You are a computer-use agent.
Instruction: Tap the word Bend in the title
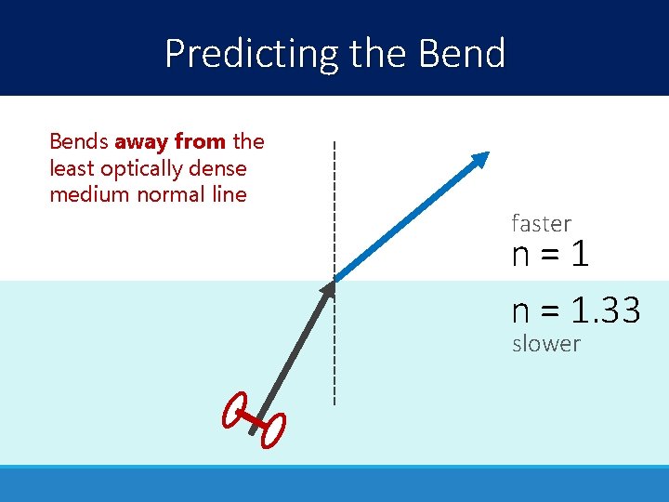coord(462,54)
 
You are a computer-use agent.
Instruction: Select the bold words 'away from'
coord(170,142)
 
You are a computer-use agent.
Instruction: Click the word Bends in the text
coord(78,142)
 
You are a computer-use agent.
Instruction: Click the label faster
coord(541,224)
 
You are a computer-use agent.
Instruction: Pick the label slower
coord(545,344)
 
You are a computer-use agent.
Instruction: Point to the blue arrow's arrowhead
coord(479,161)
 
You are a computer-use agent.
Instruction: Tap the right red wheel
coord(274,430)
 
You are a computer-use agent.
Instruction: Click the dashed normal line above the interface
coord(334,205)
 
